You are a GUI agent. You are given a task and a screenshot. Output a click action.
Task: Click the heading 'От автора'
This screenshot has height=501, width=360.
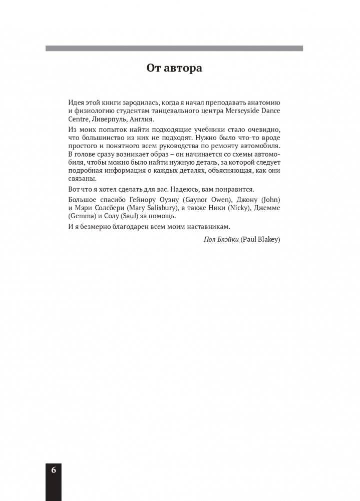(174, 68)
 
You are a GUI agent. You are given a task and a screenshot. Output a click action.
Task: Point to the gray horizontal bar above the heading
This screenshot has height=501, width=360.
(174, 49)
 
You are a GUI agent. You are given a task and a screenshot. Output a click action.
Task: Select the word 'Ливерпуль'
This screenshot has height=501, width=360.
(108, 120)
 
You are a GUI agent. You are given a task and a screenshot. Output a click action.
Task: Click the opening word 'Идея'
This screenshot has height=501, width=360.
(76, 102)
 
